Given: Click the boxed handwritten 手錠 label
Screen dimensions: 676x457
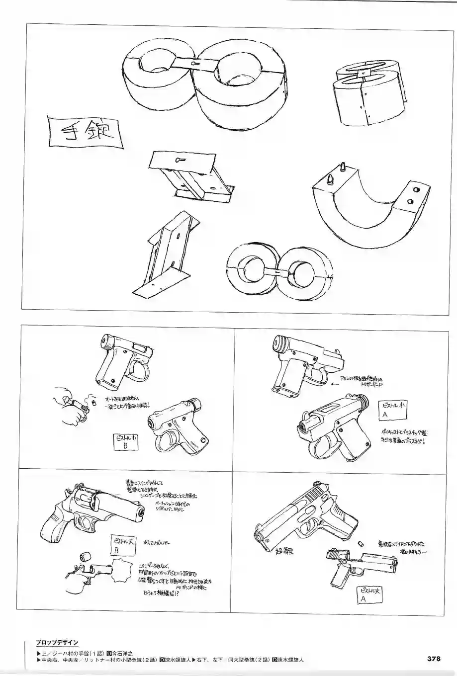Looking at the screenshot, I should point(84,133).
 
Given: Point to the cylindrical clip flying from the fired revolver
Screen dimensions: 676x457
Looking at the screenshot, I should point(85,556).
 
